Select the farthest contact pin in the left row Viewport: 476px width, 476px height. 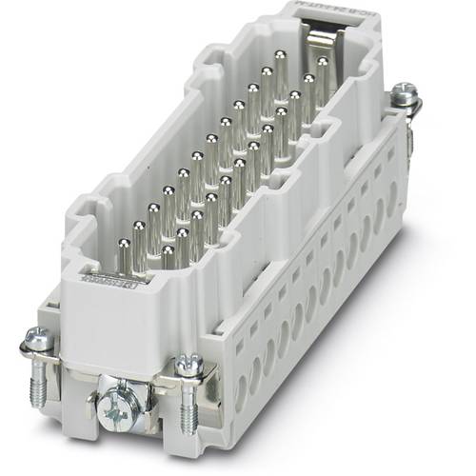280,64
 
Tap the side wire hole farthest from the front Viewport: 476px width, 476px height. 391,202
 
